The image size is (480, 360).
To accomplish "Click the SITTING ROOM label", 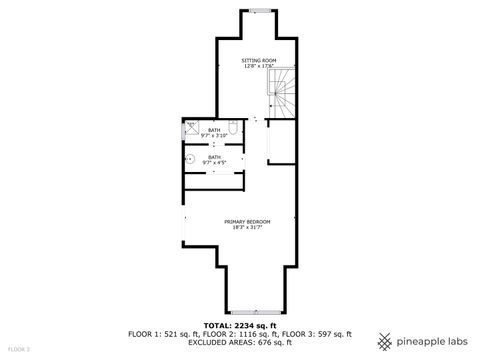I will click(x=257, y=61).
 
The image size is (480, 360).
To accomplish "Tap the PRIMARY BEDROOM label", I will click(x=243, y=221).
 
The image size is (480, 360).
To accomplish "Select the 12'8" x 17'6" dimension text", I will click(x=257, y=67).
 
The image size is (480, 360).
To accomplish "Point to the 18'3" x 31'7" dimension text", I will click(x=243, y=227).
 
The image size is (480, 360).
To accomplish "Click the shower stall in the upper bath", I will click(x=191, y=128).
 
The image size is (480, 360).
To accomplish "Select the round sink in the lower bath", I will click(x=188, y=159).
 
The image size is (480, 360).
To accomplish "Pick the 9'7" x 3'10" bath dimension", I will click(x=214, y=135).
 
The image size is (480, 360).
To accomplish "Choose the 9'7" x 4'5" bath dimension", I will click(x=214, y=162).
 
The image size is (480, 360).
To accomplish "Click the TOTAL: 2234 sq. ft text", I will click(x=239, y=325).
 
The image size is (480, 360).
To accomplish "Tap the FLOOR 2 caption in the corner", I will click(x=19, y=349).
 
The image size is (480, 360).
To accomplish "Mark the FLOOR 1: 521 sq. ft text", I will click(x=161, y=333).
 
